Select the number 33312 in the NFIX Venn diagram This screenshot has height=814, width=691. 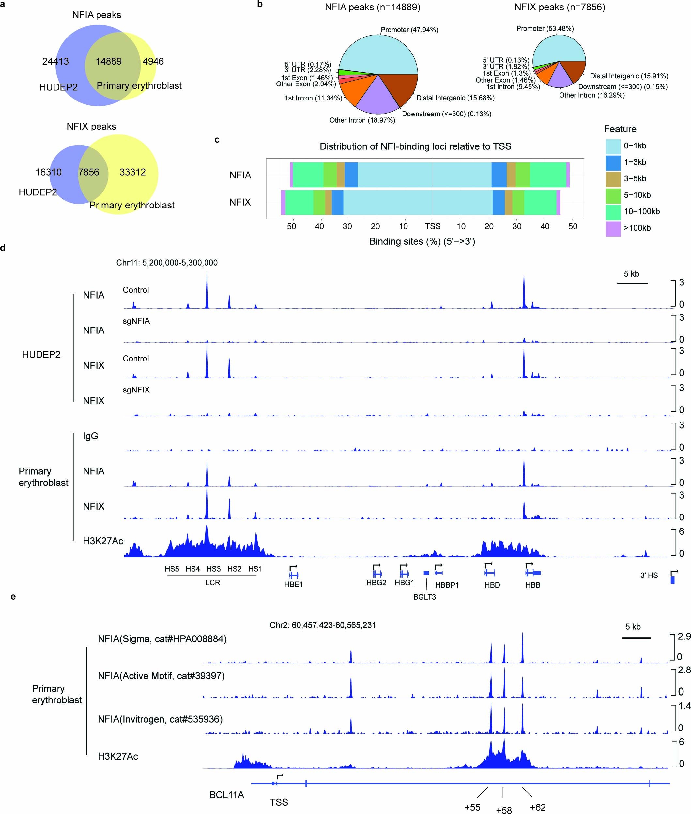pyautogui.click(x=132, y=172)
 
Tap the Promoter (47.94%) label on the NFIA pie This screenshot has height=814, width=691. pyautogui.click(x=409, y=30)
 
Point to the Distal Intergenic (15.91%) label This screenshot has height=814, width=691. pyautogui.click(x=629, y=76)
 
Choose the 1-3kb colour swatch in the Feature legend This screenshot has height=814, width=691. pyautogui.click(x=613, y=162)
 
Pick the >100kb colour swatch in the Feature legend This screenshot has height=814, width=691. pyautogui.click(x=613, y=228)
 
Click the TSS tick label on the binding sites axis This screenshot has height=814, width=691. pyautogui.click(x=433, y=226)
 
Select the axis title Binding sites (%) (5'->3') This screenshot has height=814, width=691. pyautogui.click(x=422, y=241)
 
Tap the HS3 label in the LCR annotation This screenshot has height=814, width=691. pyautogui.click(x=213, y=569)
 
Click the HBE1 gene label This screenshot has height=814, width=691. pyautogui.click(x=293, y=584)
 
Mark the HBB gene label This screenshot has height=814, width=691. pyautogui.click(x=532, y=585)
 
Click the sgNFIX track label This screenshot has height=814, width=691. pyautogui.click(x=136, y=390)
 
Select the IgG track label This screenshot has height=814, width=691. pyautogui.click(x=90, y=436)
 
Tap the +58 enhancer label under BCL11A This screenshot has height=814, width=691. pyautogui.click(x=503, y=808)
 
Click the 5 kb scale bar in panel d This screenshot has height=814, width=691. pyautogui.click(x=632, y=283)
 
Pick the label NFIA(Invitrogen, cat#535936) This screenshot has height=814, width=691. pyautogui.click(x=160, y=719)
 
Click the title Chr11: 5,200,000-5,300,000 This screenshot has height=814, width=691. pyautogui.click(x=167, y=263)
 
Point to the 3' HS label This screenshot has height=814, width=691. pyautogui.click(x=649, y=575)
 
